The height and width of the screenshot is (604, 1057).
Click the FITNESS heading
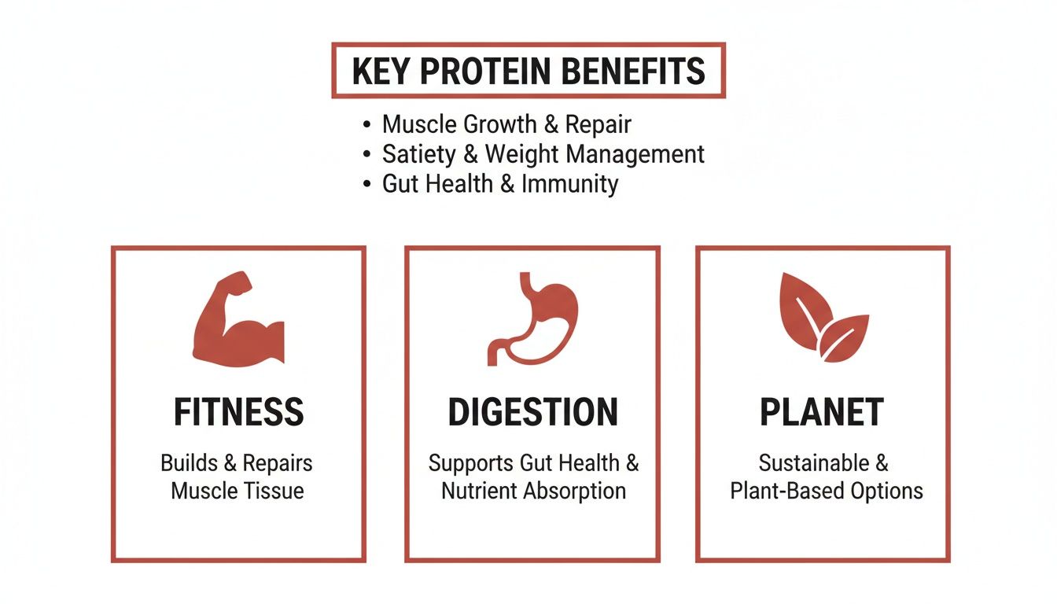pos(238,413)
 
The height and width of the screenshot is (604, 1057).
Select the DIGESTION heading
pos(532,413)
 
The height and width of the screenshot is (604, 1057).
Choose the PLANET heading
pos(822,413)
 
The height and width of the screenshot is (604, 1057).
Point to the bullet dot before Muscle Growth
pos(366,125)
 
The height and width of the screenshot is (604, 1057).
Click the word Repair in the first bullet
pos(598,124)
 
